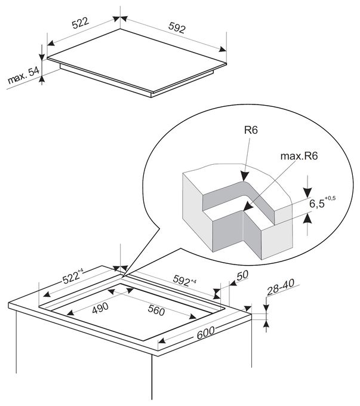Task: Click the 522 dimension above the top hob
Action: [x=81, y=23]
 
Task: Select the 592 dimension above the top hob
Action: [x=177, y=27]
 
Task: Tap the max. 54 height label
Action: [x=23, y=75]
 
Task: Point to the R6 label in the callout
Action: [x=251, y=130]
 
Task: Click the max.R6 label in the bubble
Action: [x=299, y=156]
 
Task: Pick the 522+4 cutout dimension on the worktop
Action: [x=72, y=276]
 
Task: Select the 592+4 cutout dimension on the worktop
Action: [x=184, y=280]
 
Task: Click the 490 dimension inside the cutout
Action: [x=100, y=308]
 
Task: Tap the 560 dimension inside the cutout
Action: [x=156, y=310]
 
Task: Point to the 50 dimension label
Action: [x=242, y=275]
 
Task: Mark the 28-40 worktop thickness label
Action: [x=281, y=287]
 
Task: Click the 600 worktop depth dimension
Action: [x=205, y=333]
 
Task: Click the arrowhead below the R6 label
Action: [x=244, y=176]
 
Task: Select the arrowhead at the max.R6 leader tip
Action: [x=248, y=206]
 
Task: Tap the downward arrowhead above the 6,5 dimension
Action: [x=307, y=193]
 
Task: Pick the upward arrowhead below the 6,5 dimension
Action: [x=307, y=218]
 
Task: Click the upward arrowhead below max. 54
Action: [x=42, y=79]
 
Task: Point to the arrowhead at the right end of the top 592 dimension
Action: [x=223, y=49]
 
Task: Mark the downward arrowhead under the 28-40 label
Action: [x=266, y=307]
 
